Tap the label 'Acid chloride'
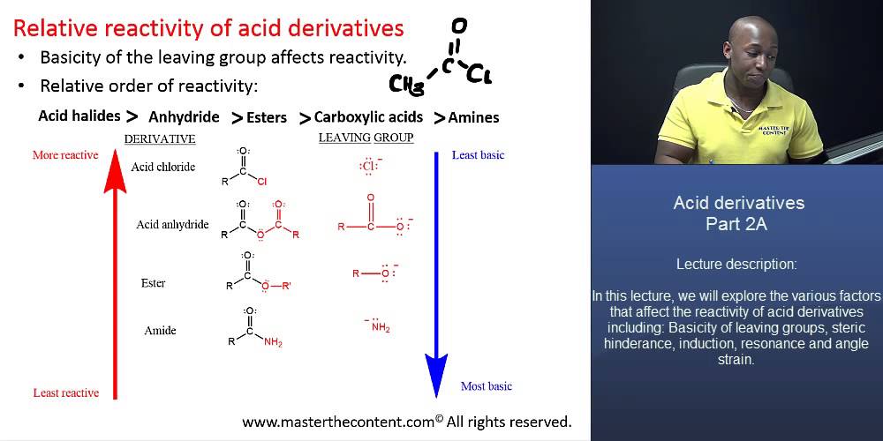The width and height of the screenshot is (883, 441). pos(162,167)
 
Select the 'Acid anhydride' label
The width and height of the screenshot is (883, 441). pos(172,224)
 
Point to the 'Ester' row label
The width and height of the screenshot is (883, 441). pos(153,283)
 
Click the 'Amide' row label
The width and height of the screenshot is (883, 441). pos(160,331)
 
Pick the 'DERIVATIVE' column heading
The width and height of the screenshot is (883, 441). pos(160,139)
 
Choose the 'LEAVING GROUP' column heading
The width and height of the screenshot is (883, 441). pos(366,138)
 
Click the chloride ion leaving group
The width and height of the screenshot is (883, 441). pos(370,165)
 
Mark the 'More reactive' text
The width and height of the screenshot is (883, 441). pos(65,155)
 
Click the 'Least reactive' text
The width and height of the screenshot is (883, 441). pos(66,392)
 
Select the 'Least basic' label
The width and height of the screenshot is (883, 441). pos(478,155)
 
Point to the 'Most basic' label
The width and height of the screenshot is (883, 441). pos(487,386)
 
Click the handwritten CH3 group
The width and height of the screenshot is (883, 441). pos(407,85)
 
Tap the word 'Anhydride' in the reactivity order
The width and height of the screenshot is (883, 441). pos(184,117)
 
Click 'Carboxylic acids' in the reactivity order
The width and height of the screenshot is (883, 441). pos(368,116)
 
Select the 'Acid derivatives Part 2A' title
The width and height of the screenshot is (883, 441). pos(738,213)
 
